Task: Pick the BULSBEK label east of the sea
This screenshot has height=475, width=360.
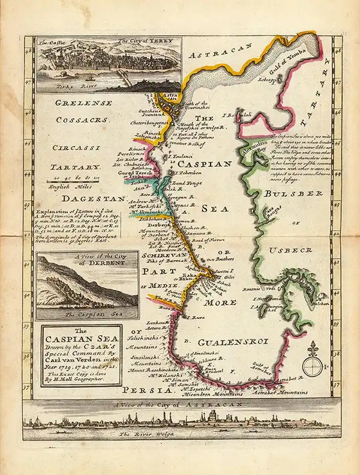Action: (285, 195)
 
